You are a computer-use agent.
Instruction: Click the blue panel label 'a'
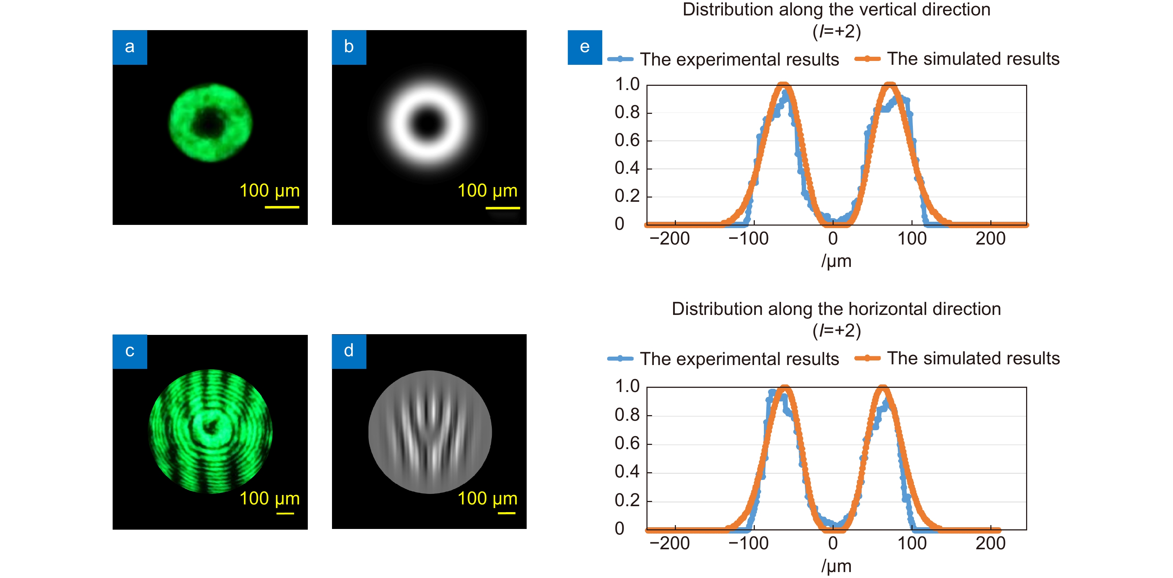click(x=130, y=47)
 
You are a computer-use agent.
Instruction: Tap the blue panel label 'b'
click(x=349, y=47)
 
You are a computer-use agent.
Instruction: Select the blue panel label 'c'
click(x=130, y=351)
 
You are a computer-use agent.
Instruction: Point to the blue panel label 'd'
click(x=349, y=351)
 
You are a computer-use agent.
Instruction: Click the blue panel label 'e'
click(x=585, y=47)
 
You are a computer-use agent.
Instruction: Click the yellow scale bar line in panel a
click(x=282, y=207)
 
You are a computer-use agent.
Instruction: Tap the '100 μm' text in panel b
click(x=487, y=191)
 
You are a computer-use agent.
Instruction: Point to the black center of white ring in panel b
click(x=428, y=123)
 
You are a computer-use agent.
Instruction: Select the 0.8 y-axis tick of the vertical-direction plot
click(x=627, y=112)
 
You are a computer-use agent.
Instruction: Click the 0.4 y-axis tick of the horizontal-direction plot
click(x=627, y=472)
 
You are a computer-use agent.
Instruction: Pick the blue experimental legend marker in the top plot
click(x=620, y=59)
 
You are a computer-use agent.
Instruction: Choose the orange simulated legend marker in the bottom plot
click(x=867, y=358)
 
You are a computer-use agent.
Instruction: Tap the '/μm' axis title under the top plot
click(x=836, y=261)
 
